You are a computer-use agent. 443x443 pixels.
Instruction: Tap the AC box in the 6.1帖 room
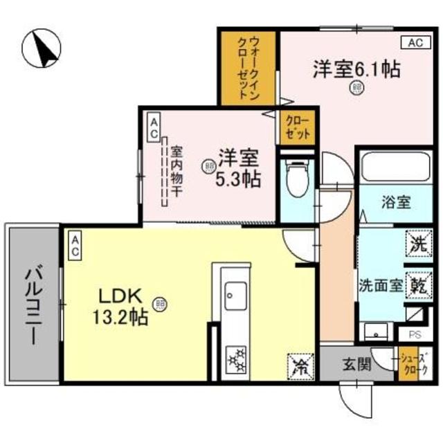tap(414, 43)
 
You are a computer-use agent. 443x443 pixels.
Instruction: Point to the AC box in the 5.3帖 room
tap(154, 127)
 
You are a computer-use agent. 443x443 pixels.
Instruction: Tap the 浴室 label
tap(396, 203)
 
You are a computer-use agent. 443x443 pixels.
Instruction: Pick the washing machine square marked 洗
tap(419, 244)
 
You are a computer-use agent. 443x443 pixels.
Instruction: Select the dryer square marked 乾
tap(419, 285)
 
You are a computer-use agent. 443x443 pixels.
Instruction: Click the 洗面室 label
tap(380, 285)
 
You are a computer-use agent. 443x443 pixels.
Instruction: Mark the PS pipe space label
tap(415, 334)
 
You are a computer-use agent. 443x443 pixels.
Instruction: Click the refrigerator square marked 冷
tap(299, 364)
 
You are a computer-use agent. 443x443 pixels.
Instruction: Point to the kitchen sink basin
tap(235, 298)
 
